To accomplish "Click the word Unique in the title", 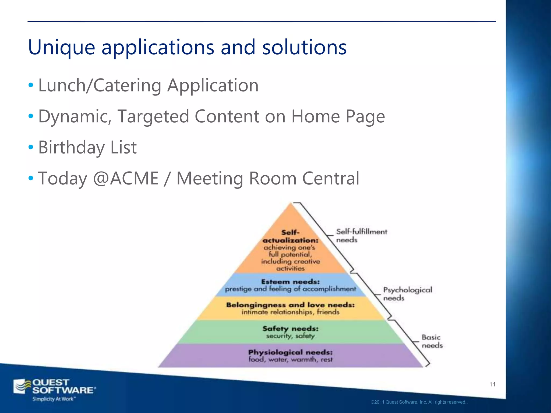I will (x=62, y=47).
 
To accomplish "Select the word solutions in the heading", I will (x=304, y=47).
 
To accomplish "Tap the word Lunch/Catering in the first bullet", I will (x=100, y=85).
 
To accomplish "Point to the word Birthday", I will (x=71, y=147).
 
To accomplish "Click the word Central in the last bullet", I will (x=331, y=178).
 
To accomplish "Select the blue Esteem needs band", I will (x=290, y=285).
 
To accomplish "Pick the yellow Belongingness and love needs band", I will (x=290, y=308).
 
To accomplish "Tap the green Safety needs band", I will (x=290, y=332).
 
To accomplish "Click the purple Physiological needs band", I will (x=290, y=355).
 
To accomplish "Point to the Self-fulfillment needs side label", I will (x=361, y=236).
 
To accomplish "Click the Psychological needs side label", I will (x=407, y=294).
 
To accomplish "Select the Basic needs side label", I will (x=432, y=341).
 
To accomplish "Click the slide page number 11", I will (x=492, y=384).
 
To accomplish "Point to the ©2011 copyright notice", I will (x=419, y=402).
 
